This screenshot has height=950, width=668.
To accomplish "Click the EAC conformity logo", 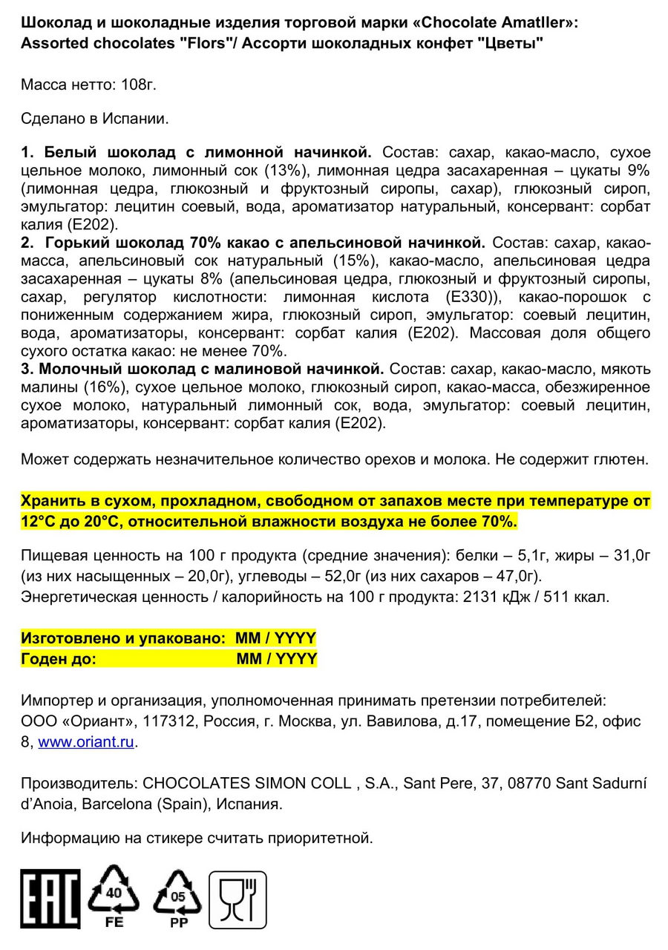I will click(x=50, y=899).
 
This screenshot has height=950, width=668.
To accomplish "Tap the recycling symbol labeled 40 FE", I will click(x=114, y=896).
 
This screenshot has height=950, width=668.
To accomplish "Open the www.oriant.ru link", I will click(x=86, y=741).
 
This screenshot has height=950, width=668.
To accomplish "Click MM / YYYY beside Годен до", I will click(x=276, y=659).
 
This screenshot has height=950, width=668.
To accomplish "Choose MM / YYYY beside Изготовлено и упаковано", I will click(x=275, y=638).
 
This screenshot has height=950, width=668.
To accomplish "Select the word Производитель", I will click(x=78, y=783).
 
